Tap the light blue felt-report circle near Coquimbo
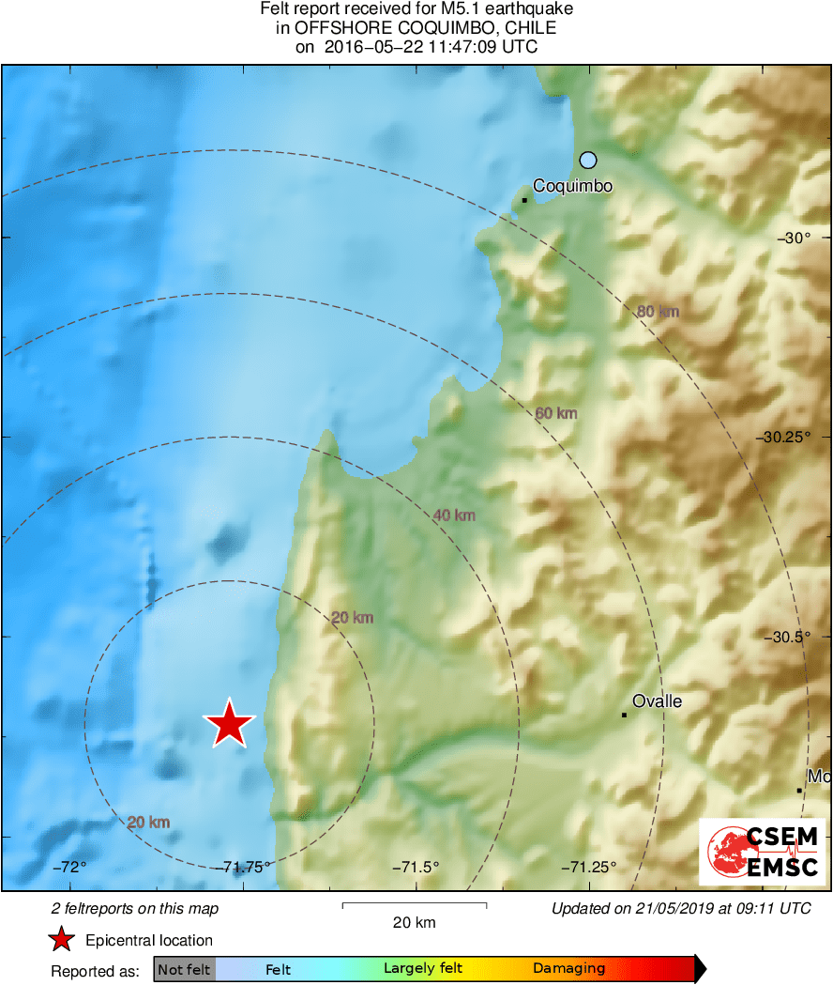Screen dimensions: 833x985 click(x=588, y=160)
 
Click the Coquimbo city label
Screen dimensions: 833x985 click(x=572, y=186)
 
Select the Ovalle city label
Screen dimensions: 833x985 click(x=657, y=701)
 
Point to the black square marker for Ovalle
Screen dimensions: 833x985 click(x=624, y=716)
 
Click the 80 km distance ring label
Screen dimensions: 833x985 click(x=658, y=312)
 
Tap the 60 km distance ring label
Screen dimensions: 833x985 click(x=556, y=413)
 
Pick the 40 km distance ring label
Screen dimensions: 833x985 click(x=454, y=515)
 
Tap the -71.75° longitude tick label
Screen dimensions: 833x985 click(x=247, y=866)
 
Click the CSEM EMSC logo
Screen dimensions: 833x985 click(x=762, y=851)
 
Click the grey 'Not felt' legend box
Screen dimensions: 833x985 click(x=185, y=969)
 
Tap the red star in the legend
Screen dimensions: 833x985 click(x=62, y=940)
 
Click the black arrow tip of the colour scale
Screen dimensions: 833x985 click(x=700, y=969)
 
